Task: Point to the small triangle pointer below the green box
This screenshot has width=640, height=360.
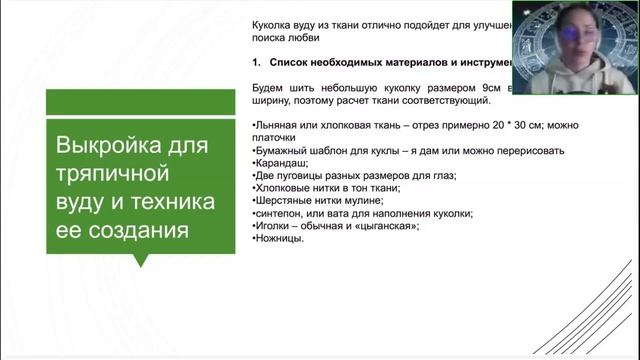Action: [x=140, y=261]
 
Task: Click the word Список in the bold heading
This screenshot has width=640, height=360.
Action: [x=296, y=62]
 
